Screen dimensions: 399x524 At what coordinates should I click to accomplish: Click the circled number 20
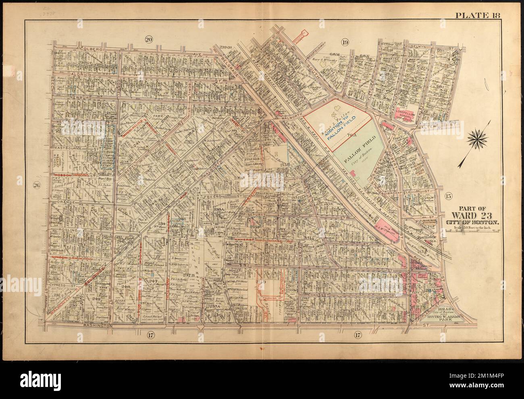coord(149,39)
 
